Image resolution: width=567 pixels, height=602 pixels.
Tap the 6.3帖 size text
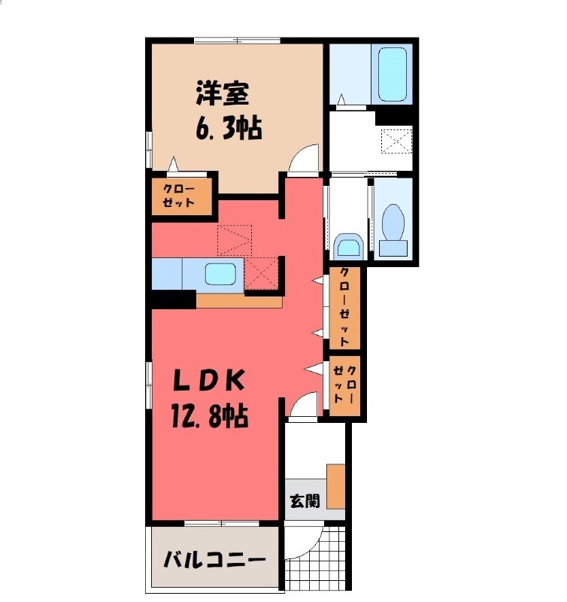229,129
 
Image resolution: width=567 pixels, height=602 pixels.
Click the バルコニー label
214,561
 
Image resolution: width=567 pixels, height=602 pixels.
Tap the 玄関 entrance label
304,500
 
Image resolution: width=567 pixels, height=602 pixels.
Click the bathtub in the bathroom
392,74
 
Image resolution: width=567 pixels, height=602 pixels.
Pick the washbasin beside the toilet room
347,245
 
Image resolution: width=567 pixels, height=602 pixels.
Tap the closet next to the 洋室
180,196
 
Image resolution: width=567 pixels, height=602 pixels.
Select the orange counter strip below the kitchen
238,300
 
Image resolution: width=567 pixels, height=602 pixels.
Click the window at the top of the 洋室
238,40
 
